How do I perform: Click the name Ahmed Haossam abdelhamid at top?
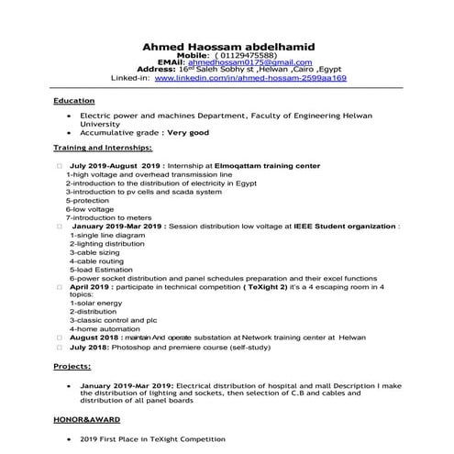pos(226,46)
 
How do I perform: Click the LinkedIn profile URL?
pos(249,79)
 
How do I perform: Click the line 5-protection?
pos(88,201)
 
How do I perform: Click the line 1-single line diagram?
pos(107,235)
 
